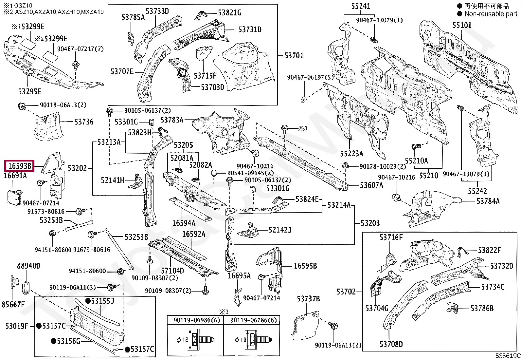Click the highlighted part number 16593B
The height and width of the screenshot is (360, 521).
coord(20,166)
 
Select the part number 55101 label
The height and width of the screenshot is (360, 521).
coord(462,25)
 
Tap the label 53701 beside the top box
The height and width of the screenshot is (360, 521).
coord(294,56)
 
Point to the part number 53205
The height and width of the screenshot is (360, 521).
coord(183,145)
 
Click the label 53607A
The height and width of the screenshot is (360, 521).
coord(371,185)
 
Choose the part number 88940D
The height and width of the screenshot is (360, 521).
coord(28,266)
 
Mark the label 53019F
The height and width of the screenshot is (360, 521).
coord(16,326)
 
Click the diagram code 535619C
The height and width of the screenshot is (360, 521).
coord(508,356)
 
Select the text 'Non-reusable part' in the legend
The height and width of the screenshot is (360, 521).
coord(491,14)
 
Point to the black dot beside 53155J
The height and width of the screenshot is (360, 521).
coord(88,301)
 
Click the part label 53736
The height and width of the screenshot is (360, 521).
coord(84,122)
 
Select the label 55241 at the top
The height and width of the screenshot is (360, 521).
coord(361,6)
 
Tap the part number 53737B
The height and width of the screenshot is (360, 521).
coord(308,299)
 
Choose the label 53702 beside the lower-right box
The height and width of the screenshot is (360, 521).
coord(346,292)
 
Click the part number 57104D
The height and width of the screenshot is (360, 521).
coord(172,271)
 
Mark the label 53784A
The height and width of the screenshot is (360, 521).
coord(488,201)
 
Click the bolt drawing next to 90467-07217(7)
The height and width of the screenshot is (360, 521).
coord(76,65)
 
